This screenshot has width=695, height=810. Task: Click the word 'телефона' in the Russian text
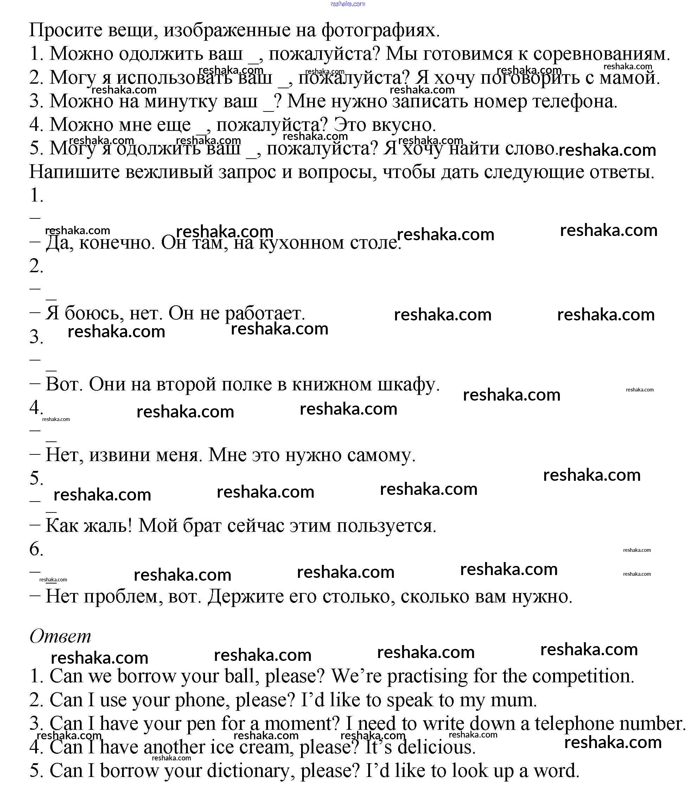click(x=575, y=101)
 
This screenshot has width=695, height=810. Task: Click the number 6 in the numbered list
click(x=36, y=549)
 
